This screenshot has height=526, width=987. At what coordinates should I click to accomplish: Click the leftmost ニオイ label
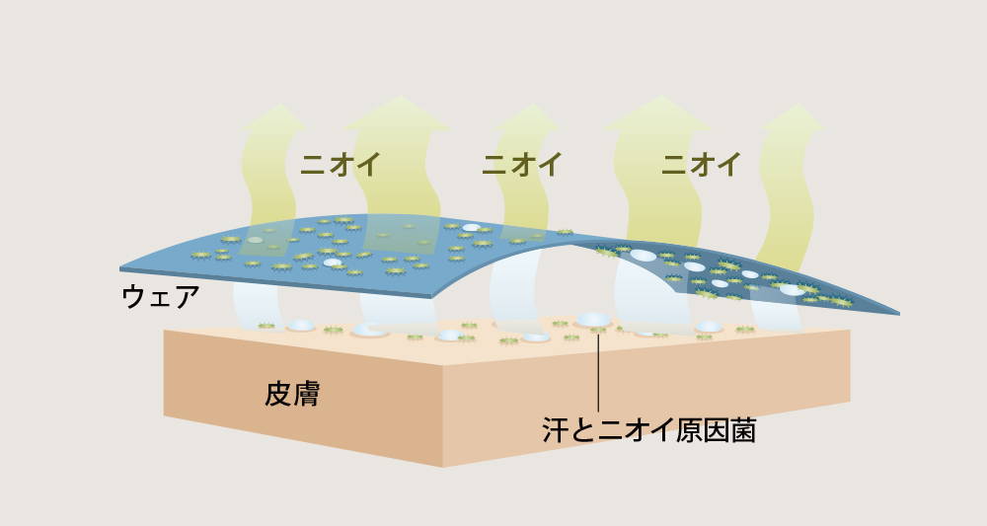coord(340,164)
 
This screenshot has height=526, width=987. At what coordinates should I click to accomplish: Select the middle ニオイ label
coord(521,164)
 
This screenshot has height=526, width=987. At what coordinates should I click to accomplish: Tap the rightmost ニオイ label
coord(701,164)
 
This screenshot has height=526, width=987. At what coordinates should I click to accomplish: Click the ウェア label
coord(160,296)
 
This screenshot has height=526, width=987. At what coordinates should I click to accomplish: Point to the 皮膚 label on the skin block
coord(292,395)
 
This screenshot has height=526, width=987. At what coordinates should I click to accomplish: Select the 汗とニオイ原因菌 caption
coord(649,430)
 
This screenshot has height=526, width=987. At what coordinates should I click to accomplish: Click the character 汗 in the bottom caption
coord(556,430)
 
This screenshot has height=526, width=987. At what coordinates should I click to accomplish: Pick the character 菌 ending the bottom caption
coord(742,430)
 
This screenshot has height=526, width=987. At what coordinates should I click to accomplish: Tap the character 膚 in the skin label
coord(307,395)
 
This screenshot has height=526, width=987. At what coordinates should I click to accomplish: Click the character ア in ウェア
coord(186,296)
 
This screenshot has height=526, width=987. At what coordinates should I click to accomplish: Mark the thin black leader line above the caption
coord(597,370)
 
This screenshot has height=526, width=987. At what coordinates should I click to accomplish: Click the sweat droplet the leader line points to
coord(593,321)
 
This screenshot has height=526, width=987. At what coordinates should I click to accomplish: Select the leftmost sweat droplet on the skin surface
coord(301,326)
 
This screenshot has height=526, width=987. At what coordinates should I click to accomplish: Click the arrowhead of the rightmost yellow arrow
coord(792,117)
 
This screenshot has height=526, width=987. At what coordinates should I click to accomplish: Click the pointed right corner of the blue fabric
coord(897,312)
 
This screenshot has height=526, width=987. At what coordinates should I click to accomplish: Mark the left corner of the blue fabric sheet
coord(121,268)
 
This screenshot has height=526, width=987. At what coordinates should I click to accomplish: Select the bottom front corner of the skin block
coord(443,466)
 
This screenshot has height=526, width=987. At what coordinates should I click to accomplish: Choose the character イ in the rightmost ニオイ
coord(729,164)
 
